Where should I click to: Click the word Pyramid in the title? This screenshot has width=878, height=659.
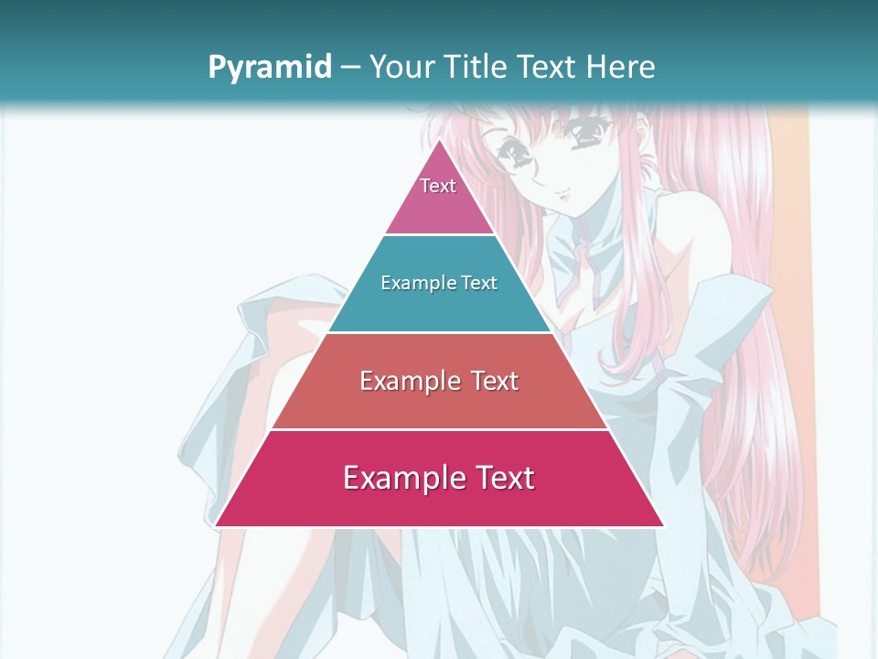pos(269,68)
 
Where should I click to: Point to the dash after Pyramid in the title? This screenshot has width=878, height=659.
pos(350,68)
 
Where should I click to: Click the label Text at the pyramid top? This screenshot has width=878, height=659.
pos(438,186)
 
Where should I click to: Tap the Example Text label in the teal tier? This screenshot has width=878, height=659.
pos(439,283)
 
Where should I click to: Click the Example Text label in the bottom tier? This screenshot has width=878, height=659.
pos(439,478)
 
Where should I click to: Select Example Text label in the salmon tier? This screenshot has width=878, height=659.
pos(439,381)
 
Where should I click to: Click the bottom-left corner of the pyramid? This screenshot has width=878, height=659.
pos(216,525)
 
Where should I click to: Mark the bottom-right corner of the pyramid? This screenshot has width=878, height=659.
pos(663,525)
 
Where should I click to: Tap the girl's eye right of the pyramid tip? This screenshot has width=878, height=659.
pos(586,137)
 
